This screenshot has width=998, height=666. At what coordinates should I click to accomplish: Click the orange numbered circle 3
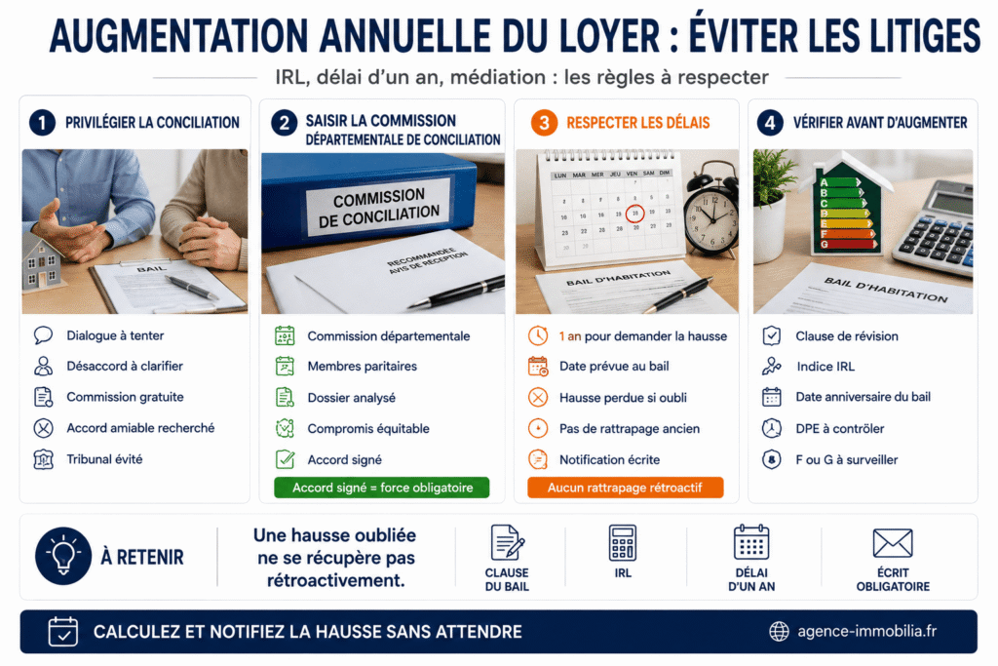click(x=544, y=123)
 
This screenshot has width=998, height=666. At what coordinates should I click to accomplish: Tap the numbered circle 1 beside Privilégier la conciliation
click(x=43, y=122)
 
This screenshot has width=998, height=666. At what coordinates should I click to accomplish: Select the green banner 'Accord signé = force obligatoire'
click(x=382, y=488)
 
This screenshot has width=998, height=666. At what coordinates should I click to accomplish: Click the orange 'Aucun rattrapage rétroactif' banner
click(x=625, y=488)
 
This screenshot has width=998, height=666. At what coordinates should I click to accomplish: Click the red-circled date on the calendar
click(x=634, y=214)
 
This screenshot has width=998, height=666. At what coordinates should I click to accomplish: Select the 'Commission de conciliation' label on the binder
click(x=379, y=208)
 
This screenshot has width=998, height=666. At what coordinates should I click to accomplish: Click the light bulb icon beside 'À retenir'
click(x=63, y=556)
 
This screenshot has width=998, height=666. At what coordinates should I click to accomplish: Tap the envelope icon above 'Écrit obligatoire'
click(x=893, y=543)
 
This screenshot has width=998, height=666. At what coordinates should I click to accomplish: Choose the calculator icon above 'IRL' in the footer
click(x=623, y=542)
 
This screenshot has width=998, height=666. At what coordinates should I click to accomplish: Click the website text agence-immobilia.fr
click(x=866, y=631)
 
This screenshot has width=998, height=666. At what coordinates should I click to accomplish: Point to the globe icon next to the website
click(x=779, y=632)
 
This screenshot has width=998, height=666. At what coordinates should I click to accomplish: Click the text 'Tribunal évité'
click(x=104, y=459)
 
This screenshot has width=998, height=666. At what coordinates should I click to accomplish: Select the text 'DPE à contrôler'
click(x=839, y=428)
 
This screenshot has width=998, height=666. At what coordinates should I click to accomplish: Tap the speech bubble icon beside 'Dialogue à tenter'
click(x=43, y=334)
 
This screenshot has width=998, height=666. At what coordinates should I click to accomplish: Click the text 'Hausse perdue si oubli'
click(x=623, y=398)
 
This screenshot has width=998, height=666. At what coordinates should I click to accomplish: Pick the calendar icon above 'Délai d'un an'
click(x=751, y=542)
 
